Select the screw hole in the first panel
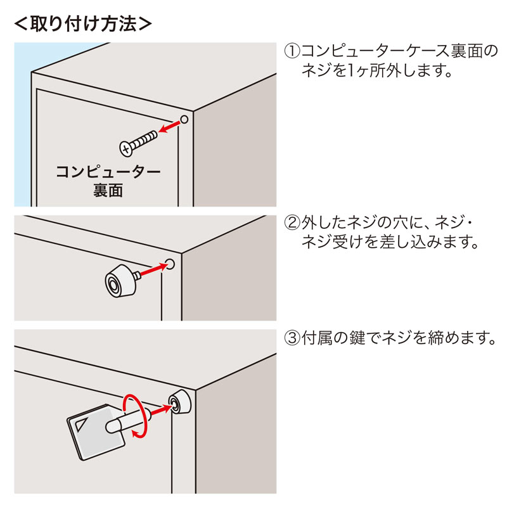point(184,119)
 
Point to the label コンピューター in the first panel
point(108,172)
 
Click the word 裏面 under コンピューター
point(108,191)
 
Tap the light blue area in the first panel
point(22,127)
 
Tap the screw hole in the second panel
point(170,263)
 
